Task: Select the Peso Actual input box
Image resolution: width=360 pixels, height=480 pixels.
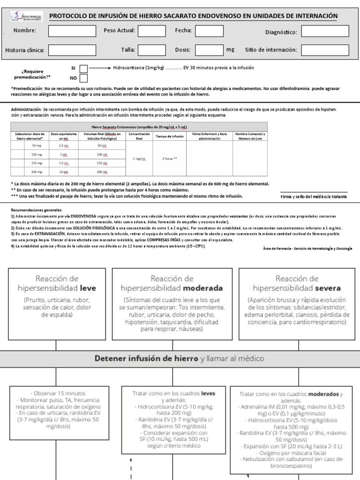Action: point(152,31)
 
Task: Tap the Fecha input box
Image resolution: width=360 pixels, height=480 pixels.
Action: point(209,31)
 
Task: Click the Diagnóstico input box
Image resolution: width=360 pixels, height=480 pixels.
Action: point(325,32)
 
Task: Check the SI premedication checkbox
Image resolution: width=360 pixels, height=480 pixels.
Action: point(83,68)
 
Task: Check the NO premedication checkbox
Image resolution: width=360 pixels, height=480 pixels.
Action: point(83,78)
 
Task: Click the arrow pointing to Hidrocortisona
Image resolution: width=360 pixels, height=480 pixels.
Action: point(100,68)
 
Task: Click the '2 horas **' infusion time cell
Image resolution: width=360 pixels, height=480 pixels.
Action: point(170,158)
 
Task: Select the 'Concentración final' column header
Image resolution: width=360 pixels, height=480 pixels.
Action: point(138,136)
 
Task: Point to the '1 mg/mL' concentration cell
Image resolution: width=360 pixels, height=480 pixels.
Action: point(139,158)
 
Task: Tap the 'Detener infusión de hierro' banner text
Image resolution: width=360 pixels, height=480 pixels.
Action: point(146,359)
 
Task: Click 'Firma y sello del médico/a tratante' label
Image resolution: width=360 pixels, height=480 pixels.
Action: point(314,197)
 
